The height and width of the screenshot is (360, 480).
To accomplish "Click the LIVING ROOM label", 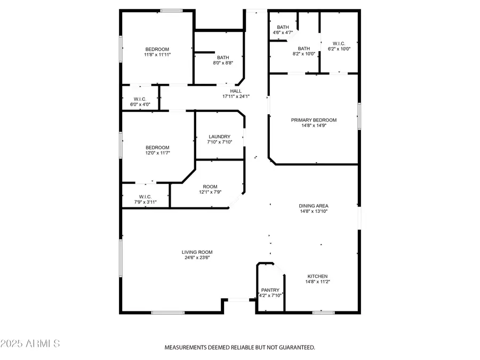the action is (x=197, y=252).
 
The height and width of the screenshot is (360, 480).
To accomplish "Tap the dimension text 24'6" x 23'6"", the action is (x=197, y=258).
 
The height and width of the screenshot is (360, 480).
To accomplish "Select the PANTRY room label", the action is (x=270, y=290).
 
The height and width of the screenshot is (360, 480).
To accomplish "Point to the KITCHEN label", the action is (x=317, y=276).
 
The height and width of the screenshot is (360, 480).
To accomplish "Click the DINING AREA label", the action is (x=313, y=205).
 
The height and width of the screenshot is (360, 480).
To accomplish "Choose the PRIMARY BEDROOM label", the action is (x=314, y=120).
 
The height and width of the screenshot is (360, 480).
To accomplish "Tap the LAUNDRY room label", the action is (x=219, y=137).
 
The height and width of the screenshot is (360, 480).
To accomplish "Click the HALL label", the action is (x=236, y=91).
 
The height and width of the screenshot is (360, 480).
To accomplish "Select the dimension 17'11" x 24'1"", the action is (x=236, y=97).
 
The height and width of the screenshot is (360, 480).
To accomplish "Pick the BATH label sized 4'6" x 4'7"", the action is (x=283, y=27).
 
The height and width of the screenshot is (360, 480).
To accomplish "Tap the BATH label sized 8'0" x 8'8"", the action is (x=223, y=58).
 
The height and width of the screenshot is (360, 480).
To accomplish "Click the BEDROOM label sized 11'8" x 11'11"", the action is (x=157, y=49).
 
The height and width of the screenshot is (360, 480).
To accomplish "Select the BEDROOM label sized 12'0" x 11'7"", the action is (x=157, y=148).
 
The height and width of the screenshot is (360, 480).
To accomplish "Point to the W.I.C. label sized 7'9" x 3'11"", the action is (x=146, y=196).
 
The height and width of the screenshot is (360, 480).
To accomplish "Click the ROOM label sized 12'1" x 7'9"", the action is (x=210, y=186).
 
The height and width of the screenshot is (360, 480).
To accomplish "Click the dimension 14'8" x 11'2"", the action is (x=317, y=282).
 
